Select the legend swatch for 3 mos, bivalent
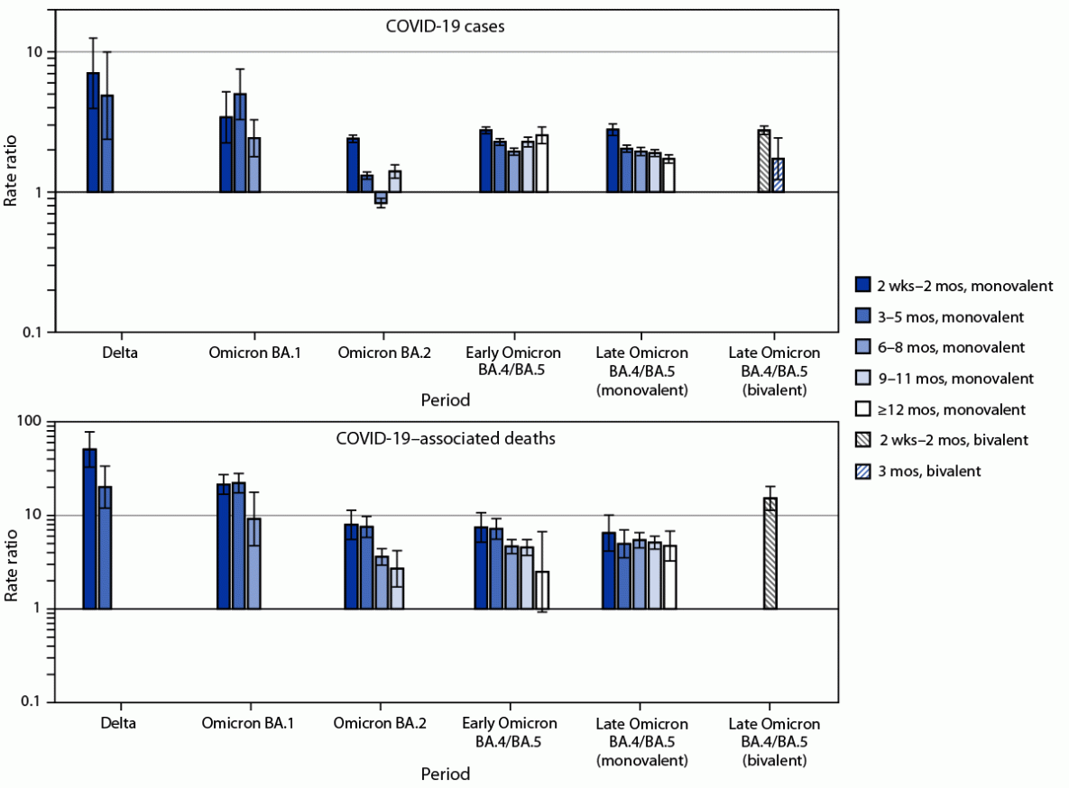click(862, 471)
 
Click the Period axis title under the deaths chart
click(445, 774)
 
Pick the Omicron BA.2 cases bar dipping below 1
click(381, 197)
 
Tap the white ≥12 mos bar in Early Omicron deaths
click(541, 590)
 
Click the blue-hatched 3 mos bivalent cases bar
click(778, 175)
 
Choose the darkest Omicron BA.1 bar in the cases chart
click(226, 154)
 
